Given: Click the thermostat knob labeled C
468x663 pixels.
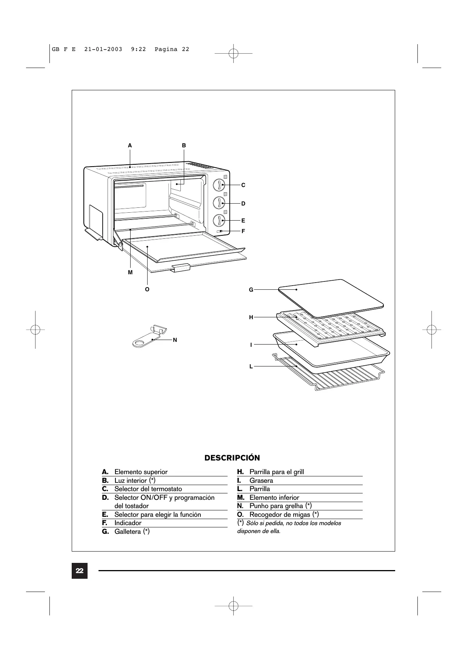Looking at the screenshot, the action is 219,185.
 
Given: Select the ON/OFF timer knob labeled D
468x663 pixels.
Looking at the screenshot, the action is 219,203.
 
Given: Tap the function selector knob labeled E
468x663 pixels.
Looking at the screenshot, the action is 219,221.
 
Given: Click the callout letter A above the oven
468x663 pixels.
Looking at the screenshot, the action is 130,145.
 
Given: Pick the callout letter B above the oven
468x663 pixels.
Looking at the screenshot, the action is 184,145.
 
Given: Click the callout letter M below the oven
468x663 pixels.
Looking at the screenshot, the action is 130,272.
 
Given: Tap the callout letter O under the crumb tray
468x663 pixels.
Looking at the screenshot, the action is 147,289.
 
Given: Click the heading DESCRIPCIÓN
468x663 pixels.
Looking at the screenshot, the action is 232,458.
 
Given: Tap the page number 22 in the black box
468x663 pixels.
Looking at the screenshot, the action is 80,570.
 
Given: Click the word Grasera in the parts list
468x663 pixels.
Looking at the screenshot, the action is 261,481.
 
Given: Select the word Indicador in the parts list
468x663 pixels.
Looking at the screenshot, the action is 128,523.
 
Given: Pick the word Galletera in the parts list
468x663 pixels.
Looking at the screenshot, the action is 128,532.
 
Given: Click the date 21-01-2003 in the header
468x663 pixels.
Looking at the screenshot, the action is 103,49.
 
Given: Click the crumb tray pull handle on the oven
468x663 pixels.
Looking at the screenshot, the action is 180,268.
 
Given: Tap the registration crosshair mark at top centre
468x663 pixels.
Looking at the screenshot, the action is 234,54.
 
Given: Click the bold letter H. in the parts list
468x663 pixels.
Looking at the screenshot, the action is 240,472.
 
